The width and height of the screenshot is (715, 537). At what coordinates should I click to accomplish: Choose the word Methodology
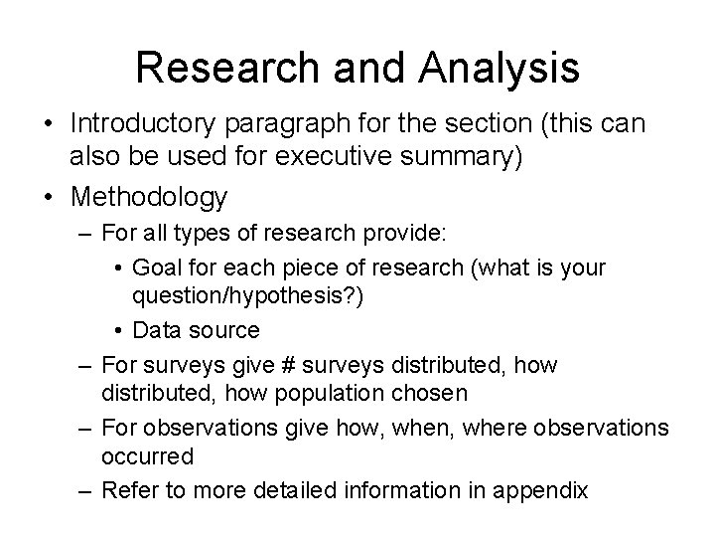point(148,197)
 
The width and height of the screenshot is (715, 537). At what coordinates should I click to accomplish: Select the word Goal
point(154,268)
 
